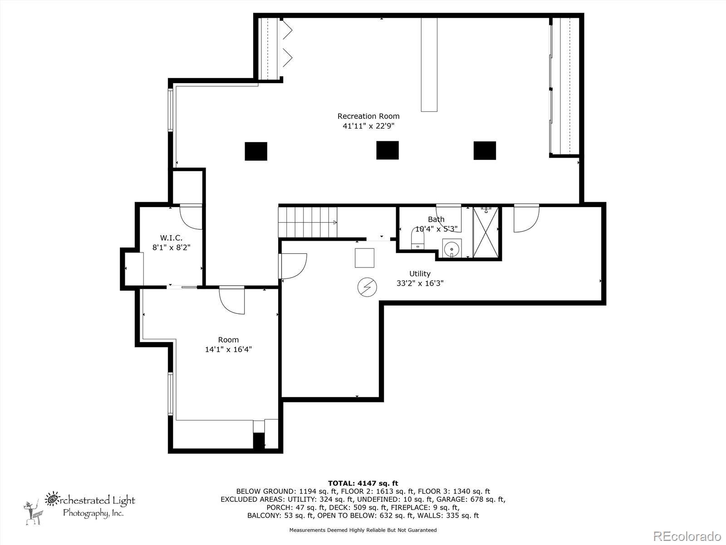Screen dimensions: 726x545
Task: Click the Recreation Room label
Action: [368, 116]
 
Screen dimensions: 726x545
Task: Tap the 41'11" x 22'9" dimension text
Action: [368, 126]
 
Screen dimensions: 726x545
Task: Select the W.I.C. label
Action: [171, 238]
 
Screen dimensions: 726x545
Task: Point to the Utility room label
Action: [420, 274]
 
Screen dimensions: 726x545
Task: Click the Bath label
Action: [436, 219]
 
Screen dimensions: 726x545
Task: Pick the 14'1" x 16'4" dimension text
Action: [228, 349]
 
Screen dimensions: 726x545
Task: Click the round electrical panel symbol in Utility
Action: [367, 287]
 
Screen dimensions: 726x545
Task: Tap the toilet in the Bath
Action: [417, 238]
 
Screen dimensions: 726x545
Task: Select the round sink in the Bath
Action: [451, 248]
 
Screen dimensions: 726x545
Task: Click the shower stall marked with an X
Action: [486, 232]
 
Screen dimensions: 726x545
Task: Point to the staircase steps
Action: [308, 222]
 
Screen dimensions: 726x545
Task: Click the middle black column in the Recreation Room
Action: [388, 150]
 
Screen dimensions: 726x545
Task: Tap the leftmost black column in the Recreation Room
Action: [255, 151]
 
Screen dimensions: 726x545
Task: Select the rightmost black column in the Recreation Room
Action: [485, 151]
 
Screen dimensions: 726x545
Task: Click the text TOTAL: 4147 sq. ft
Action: [363, 483]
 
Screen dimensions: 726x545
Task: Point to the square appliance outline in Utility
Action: [364, 258]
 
